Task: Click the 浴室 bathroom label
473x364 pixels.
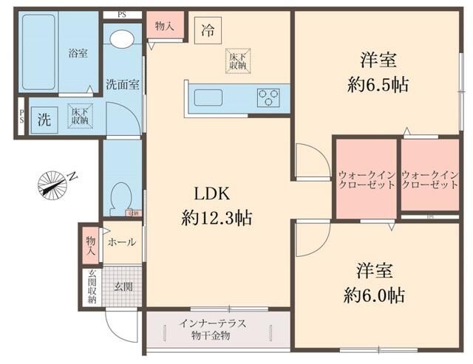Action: click(78, 54)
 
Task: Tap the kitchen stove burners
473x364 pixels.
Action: click(268, 96)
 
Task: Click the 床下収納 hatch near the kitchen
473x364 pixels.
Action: click(237, 61)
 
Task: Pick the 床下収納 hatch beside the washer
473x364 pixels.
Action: click(79, 115)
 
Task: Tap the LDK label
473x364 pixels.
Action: click(214, 194)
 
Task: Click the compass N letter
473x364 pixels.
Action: click(72, 175)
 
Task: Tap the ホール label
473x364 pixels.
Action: click(122, 241)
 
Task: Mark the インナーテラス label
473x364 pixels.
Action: click(212, 324)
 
